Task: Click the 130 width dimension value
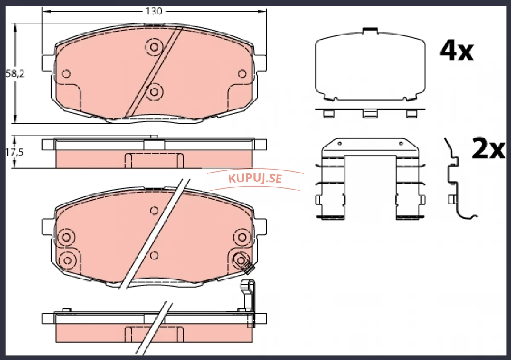point(154,11)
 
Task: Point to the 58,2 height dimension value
point(15,74)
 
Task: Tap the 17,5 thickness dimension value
point(14,152)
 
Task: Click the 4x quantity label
point(456,52)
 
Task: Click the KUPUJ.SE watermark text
point(255,179)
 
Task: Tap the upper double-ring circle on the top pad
point(154,47)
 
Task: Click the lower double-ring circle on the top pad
point(154,92)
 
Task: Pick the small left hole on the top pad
point(66,74)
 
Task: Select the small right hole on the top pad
point(242,74)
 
